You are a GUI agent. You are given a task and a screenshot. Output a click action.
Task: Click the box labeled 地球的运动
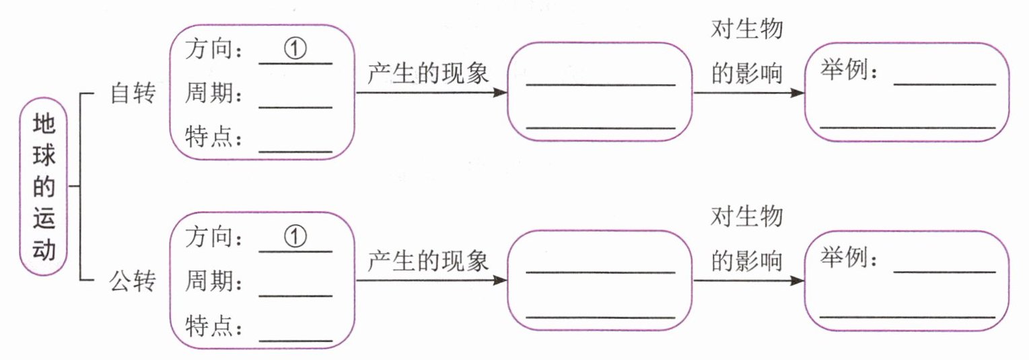44,186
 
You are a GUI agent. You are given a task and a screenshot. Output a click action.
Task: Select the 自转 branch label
133,94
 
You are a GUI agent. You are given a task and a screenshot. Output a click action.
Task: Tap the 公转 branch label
133,281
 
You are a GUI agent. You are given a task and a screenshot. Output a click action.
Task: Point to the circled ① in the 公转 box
295,237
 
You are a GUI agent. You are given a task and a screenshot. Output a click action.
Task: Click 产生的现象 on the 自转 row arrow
428,73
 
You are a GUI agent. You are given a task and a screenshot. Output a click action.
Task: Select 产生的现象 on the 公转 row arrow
428,260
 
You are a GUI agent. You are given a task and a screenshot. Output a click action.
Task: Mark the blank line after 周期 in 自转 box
295,106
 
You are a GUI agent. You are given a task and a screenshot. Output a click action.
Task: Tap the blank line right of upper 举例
944,83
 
